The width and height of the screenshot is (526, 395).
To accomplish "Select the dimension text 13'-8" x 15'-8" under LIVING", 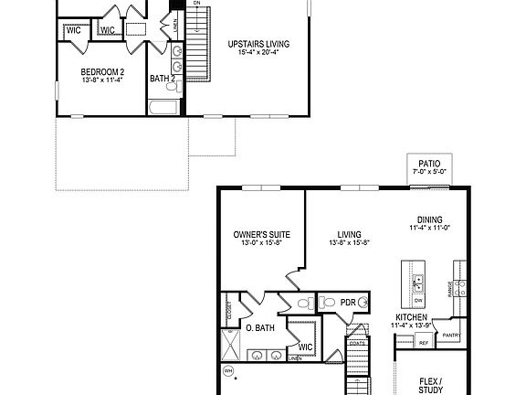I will click(x=351, y=243).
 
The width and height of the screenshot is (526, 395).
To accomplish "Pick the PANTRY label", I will click(x=450, y=335).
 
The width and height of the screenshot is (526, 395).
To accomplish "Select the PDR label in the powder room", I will click(x=347, y=303).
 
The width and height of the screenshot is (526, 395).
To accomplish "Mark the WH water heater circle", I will click(x=228, y=371).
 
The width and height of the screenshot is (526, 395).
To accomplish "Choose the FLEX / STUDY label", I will click(x=429, y=386).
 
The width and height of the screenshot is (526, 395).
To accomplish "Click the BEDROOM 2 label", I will click(x=102, y=71).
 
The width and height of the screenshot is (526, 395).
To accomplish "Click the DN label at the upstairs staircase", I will click(x=196, y=4).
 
